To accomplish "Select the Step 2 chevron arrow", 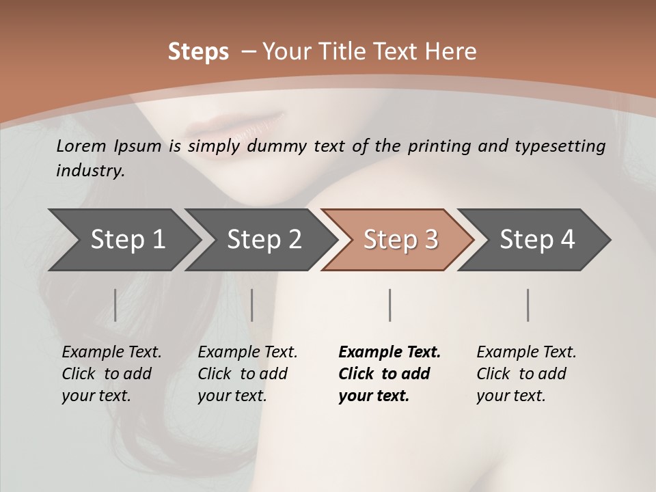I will pyautogui.click(x=264, y=240).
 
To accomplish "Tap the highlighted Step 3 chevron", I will pyautogui.click(x=400, y=240).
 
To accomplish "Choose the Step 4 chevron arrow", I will pyautogui.click(x=536, y=240).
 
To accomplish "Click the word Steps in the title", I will pyautogui.click(x=198, y=52).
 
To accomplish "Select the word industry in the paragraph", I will pyautogui.click(x=90, y=171).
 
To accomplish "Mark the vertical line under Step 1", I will pyautogui.click(x=115, y=305).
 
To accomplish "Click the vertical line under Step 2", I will pyautogui.click(x=252, y=305).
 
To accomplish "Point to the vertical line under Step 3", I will pyautogui.click(x=390, y=305).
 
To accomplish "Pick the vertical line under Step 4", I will pyautogui.click(x=528, y=305).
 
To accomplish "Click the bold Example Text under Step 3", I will pyautogui.click(x=389, y=353).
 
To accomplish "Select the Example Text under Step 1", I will pyautogui.click(x=111, y=353).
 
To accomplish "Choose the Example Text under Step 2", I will pyautogui.click(x=247, y=353).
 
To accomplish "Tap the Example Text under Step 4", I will pyautogui.click(x=526, y=353).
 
